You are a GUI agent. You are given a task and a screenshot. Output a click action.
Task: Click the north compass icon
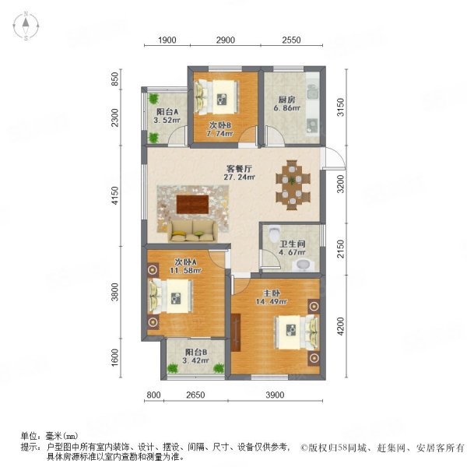coord(26,26)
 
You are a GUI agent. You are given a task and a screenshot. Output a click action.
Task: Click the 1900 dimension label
coord(167,40)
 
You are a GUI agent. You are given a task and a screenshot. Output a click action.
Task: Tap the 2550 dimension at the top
coord(291,40)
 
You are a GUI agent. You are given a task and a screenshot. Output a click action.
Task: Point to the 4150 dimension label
coord(115,195)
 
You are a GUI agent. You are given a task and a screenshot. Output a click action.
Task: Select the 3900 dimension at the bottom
coord(275,395)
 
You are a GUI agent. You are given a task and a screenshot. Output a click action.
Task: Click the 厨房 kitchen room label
coord(286,100)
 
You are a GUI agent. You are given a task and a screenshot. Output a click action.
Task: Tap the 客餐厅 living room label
coord(239,169)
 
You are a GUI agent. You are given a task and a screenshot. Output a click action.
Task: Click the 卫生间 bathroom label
coord(293,244)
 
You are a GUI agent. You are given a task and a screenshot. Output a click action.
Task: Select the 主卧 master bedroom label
coord(272,293)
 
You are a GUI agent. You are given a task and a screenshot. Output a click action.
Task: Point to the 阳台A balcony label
coord(167,112)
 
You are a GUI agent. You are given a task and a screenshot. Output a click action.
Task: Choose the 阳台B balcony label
coord(196,352)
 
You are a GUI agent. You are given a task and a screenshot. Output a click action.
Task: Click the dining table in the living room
coord(293,185)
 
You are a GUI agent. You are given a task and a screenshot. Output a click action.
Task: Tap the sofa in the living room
coord(193,231)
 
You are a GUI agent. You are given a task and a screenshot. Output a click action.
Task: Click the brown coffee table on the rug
coord(192,204)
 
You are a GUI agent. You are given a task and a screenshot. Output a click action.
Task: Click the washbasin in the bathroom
coord(303,265)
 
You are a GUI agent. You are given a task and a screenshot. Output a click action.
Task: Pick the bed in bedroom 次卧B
coord(216,97)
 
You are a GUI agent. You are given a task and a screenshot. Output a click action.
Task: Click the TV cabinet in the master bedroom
coord(236,332)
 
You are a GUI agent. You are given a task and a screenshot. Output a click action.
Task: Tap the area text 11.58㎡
coord(185,271)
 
